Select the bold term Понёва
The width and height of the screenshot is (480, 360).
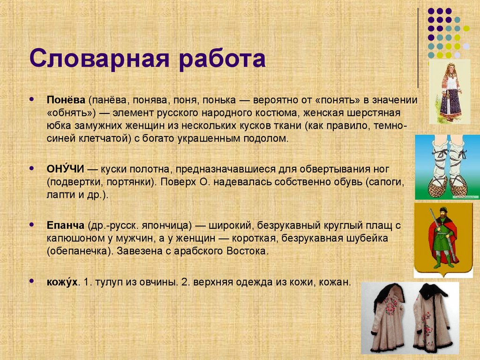pos(65,100)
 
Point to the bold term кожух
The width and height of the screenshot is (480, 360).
pos(62,282)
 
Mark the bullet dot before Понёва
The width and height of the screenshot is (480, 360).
pos(31,100)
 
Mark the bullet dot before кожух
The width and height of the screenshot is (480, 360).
pos(31,282)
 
